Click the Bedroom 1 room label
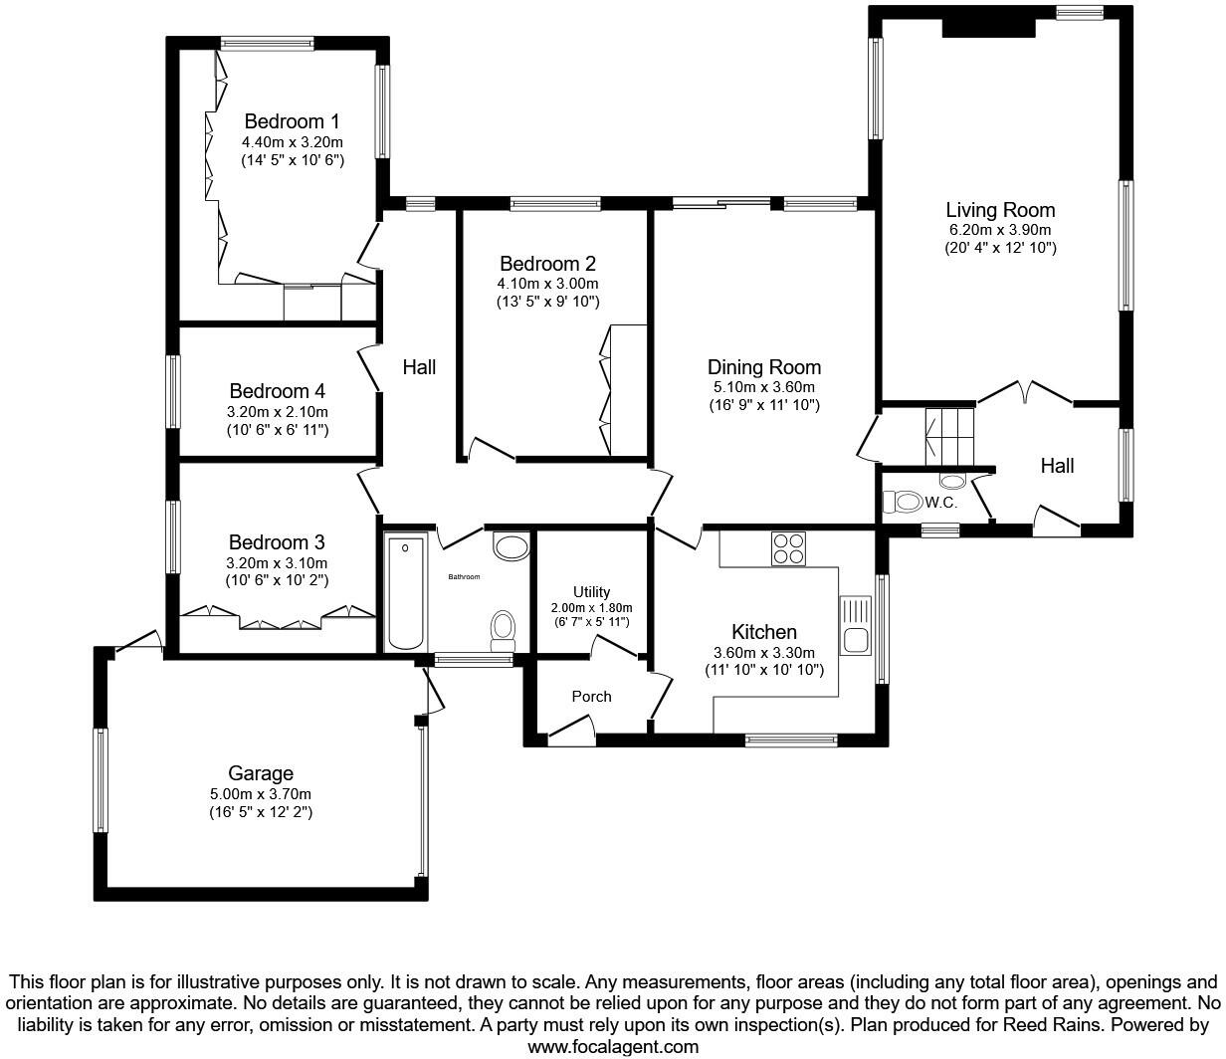(292, 121)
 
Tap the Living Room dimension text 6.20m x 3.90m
(1000, 229)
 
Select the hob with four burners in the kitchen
(788, 549)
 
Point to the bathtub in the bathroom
(405, 593)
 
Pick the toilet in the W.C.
(906, 502)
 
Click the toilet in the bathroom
(503, 629)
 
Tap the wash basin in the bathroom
(512, 546)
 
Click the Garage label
(261, 773)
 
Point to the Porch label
(591, 696)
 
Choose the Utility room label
(591, 592)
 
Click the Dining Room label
(764, 367)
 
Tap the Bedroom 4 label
(277, 391)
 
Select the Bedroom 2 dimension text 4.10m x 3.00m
(547, 284)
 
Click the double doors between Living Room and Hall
(1025, 392)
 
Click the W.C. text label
(941, 503)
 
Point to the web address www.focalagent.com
(612, 1046)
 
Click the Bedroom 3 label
(277, 542)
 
